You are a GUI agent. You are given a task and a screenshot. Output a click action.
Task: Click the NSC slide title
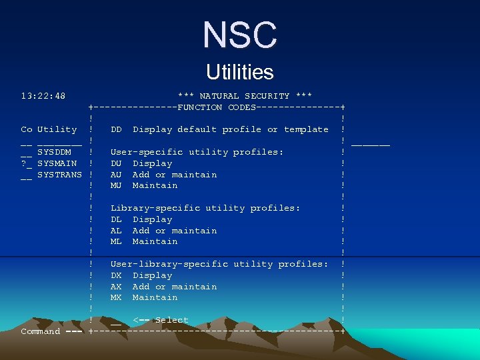[x=240, y=35]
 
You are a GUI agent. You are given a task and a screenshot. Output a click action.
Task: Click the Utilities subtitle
[x=240, y=71]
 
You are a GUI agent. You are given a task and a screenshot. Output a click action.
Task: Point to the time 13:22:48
[x=43, y=96]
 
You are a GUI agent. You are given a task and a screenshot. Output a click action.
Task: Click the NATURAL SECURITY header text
[x=245, y=96]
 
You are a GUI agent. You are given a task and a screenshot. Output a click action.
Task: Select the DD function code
[x=116, y=129]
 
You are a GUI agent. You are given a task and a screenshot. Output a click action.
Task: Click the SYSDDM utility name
[x=54, y=152]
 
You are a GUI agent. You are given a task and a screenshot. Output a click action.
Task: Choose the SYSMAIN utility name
[x=57, y=163]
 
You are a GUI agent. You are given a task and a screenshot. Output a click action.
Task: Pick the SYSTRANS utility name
[x=59, y=175]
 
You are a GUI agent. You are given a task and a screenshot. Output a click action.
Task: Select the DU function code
[x=116, y=163]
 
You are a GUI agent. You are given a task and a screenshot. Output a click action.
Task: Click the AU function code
[x=116, y=175]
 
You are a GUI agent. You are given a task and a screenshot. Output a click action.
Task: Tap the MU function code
[x=116, y=185]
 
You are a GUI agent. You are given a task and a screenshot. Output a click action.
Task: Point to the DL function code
[x=116, y=219]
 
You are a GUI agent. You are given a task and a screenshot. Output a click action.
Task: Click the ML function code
[x=116, y=241]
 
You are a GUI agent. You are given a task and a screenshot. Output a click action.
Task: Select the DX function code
[x=116, y=275]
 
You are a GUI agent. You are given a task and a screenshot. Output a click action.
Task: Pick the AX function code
[x=116, y=287]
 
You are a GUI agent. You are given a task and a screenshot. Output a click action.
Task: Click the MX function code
[x=116, y=297]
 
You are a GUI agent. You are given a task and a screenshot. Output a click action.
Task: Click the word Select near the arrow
[x=172, y=320]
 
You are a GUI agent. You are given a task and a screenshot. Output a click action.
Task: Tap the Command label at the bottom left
[x=41, y=331]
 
